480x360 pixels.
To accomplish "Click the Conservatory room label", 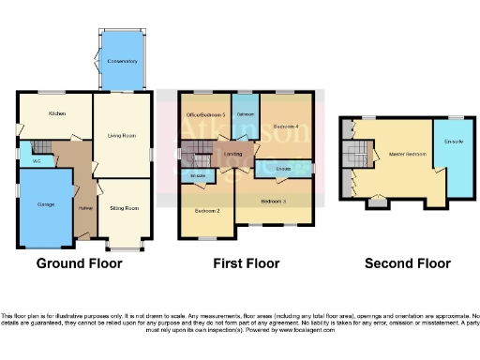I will tap(123, 62).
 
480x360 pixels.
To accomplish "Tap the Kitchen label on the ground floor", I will tap(57, 112).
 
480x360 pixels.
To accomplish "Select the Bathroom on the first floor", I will tap(246, 114).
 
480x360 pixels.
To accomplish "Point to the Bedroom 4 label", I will tap(285, 126).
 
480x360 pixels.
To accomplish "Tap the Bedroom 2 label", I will tap(206, 211).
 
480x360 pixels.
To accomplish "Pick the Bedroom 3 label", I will tap(274, 201).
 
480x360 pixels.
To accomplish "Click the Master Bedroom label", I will tap(395, 155).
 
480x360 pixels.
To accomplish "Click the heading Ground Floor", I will tap(79, 263).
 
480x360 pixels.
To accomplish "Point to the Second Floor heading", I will tap(407, 263).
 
